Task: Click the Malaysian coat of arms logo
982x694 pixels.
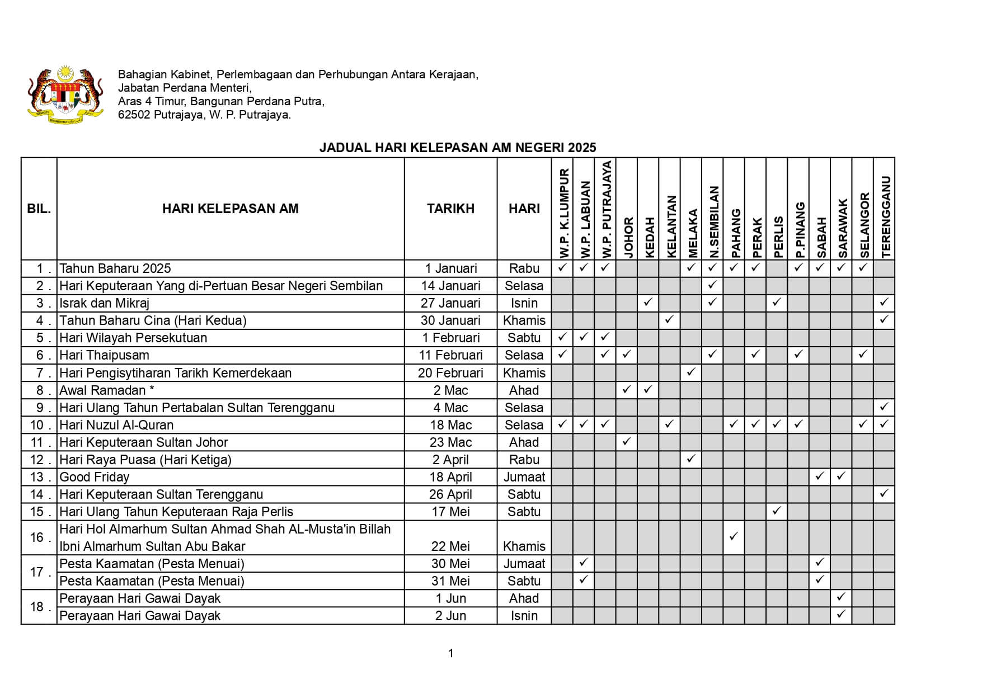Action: [65, 93]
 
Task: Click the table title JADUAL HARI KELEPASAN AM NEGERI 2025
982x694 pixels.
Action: [457, 148]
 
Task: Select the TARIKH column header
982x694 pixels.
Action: [450, 209]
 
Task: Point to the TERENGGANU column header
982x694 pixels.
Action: [885, 217]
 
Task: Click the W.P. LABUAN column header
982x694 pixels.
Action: [584, 219]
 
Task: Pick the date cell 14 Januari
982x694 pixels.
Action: [450, 286]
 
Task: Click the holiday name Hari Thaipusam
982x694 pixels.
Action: [104, 355]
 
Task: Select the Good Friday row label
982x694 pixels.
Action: [94, 477]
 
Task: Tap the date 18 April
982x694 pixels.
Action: [450, 477]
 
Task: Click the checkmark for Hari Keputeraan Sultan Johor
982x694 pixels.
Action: [627, 442]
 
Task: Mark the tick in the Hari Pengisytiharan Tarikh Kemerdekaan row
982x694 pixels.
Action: [691, 372]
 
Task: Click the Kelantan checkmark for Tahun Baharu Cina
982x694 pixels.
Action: [669, 320]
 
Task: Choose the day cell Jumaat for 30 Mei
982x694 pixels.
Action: [524, 564]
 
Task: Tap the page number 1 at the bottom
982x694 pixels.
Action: [450, 653]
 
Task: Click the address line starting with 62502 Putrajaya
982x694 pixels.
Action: [204, 115]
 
